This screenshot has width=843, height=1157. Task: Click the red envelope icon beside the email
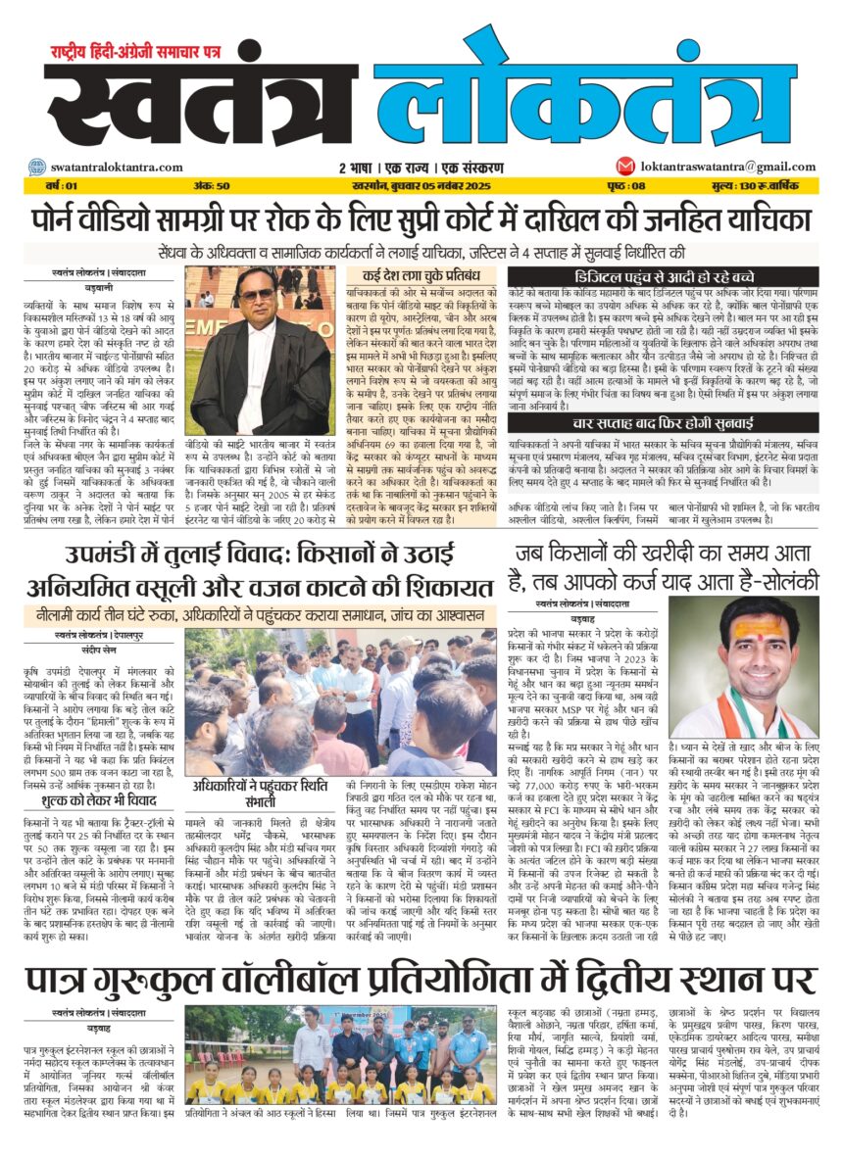pos(624,167)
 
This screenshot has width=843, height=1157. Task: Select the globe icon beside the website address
pos(35,168)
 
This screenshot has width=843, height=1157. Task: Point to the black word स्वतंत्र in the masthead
pos(201,103)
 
